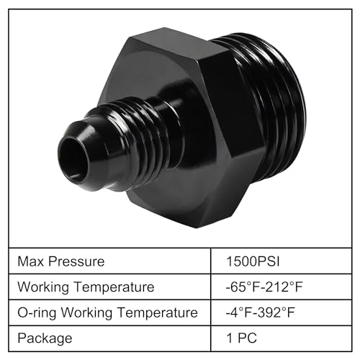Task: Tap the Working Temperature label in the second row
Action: tap(86, 287)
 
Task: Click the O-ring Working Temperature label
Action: tap(107, 312)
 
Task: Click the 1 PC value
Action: tap(241, 338)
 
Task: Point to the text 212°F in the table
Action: tap(286, 287)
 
